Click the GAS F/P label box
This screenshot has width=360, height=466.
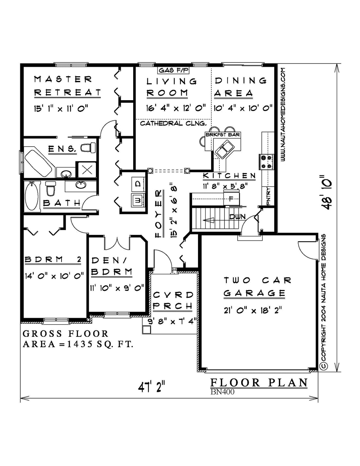tap(173, 70)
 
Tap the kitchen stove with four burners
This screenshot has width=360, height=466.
tap(266, 162)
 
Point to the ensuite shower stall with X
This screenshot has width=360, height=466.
tap(87, 170)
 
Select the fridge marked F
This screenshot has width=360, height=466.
tap(231, 198)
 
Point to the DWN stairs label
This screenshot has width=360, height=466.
tap(237, 217)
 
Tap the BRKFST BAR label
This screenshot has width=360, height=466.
tap(223, 135)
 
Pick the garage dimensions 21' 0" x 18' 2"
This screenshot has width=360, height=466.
tap(253, 310)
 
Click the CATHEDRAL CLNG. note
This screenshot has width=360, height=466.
tap(173, 123)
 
